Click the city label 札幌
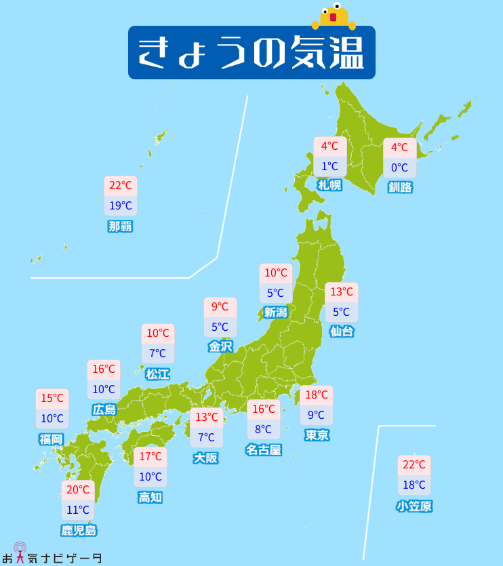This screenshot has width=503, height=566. click(x=329, y=185)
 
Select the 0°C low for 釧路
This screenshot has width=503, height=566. click(x=399, y=167)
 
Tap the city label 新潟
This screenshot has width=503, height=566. click(x=276, y=312)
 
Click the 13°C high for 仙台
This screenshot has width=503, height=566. click(x=342, y=292)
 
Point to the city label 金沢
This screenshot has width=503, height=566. click(x=220, y=346)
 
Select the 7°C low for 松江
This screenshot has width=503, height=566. click(x=158, y=353)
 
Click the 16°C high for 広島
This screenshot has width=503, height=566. click(x=104, y=369)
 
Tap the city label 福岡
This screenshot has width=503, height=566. click(x=52, y=439)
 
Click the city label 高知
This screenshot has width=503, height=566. click(x=150, y=498)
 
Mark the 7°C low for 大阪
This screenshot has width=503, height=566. click(x=206, y=437)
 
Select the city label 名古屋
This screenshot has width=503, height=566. click(x=263, y=449)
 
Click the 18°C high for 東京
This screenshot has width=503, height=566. click(x=317, y=395)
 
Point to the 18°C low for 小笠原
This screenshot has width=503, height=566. click(x=414, y=485)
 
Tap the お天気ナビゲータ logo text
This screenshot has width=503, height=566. click(x=58, y=557)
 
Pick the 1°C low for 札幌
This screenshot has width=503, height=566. click(x=330, y=166)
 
